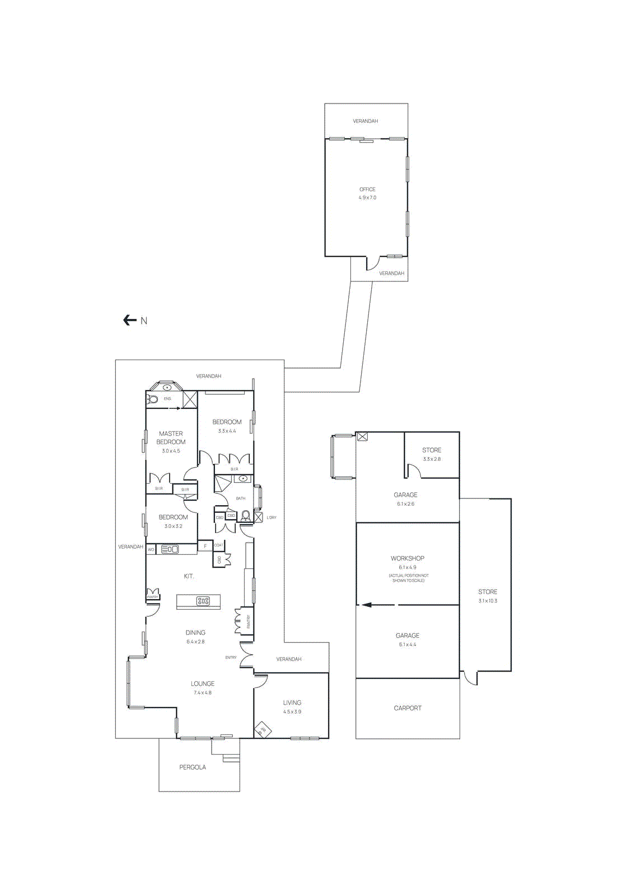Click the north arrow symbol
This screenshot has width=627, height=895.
[130, 320]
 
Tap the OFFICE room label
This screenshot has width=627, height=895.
[367, 189]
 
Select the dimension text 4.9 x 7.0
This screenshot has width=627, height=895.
[367, 197]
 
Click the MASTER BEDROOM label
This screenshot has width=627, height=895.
[171, 437]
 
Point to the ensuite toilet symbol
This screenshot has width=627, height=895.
[152, 399]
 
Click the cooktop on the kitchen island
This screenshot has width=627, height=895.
[203, 601]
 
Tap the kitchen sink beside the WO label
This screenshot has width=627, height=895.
[170, 549]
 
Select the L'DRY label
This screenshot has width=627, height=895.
[272, 517]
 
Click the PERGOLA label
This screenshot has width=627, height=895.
[193, 767]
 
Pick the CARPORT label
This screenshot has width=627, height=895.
[408, 708]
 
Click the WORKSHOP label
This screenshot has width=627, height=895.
[408, 558]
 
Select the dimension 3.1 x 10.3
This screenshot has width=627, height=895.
[488, 601]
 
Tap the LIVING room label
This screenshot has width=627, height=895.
[292, 703]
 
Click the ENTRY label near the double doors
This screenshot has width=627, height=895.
[231, 657]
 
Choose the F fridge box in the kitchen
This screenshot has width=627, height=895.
[205, 546]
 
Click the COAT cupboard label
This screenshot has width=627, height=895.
[219, 545]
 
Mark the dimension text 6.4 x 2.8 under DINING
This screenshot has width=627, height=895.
[195, 642]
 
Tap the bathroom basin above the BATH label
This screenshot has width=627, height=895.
[243, 479]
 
